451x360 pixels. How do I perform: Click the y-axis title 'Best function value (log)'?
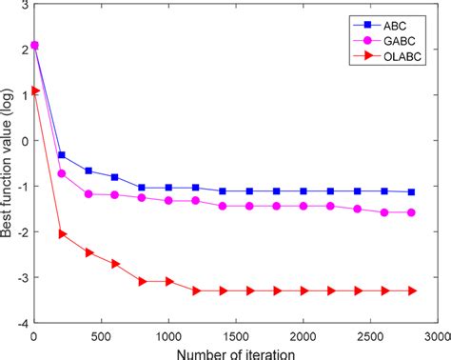point(9,162)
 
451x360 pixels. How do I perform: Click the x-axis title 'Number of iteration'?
point(235,352)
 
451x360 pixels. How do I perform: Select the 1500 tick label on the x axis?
point(235,336)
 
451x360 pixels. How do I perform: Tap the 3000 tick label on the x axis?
point(437,336)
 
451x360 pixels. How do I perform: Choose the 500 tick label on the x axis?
point(101,336)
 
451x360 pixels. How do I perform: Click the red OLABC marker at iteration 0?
point(34,90)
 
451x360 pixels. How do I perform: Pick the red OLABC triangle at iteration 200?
point(62,233)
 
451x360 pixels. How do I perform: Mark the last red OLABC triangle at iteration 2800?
point(411,290)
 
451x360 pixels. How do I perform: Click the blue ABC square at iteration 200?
point(62,155)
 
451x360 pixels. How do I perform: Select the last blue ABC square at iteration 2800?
point(411,191)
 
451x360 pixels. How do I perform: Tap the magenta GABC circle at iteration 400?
point(88,193)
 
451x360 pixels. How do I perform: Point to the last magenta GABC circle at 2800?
point(411,212)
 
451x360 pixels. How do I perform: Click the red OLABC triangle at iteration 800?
point(142,281)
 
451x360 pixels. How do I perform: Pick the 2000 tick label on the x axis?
point(303,336)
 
